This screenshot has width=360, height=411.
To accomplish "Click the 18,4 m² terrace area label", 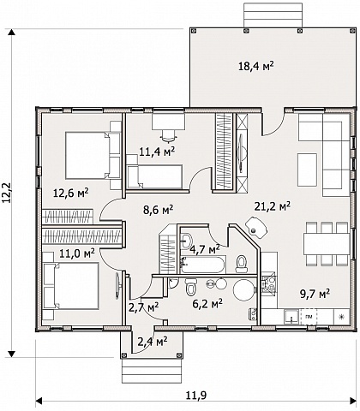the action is point(256,66).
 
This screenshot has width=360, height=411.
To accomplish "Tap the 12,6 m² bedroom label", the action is point(71,194).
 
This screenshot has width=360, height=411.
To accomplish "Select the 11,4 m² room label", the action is point(157,152).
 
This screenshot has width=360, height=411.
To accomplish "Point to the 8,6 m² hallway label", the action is point(158,211).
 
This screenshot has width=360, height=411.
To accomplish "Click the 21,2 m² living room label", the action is point(273,206).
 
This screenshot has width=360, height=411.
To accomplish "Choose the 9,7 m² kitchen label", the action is point(315,293).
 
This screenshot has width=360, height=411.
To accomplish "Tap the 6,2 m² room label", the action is point(207,304).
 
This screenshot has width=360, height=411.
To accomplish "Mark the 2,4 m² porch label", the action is point(153,342).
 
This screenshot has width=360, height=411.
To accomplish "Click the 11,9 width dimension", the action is point(196,396).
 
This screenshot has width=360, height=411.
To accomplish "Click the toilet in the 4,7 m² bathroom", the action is point(241,264).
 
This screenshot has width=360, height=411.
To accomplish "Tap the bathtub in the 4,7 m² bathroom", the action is point(203,265).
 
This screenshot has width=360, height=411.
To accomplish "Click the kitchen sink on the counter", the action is point(291,316).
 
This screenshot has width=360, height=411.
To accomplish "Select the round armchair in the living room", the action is point(256,227).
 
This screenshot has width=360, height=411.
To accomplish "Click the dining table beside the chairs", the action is point(327,244).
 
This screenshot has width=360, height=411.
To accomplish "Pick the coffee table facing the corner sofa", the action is point(307,170).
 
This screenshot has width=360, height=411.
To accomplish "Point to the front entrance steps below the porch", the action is point(152,371).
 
